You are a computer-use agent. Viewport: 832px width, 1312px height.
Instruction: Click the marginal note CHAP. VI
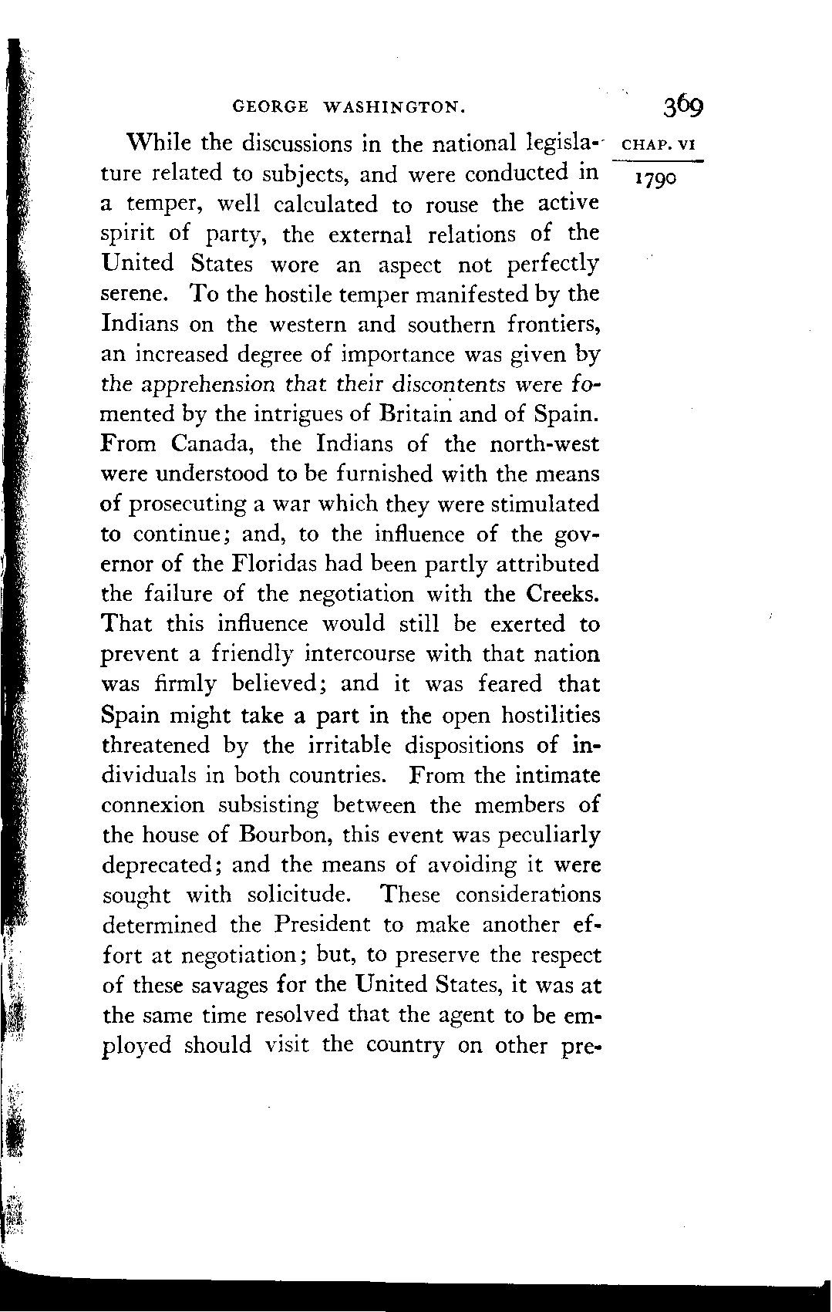658,144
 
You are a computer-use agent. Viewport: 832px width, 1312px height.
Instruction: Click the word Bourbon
285,835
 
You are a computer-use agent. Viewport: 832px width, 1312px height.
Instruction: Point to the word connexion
153,806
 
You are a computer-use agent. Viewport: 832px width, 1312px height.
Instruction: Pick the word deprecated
162,865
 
